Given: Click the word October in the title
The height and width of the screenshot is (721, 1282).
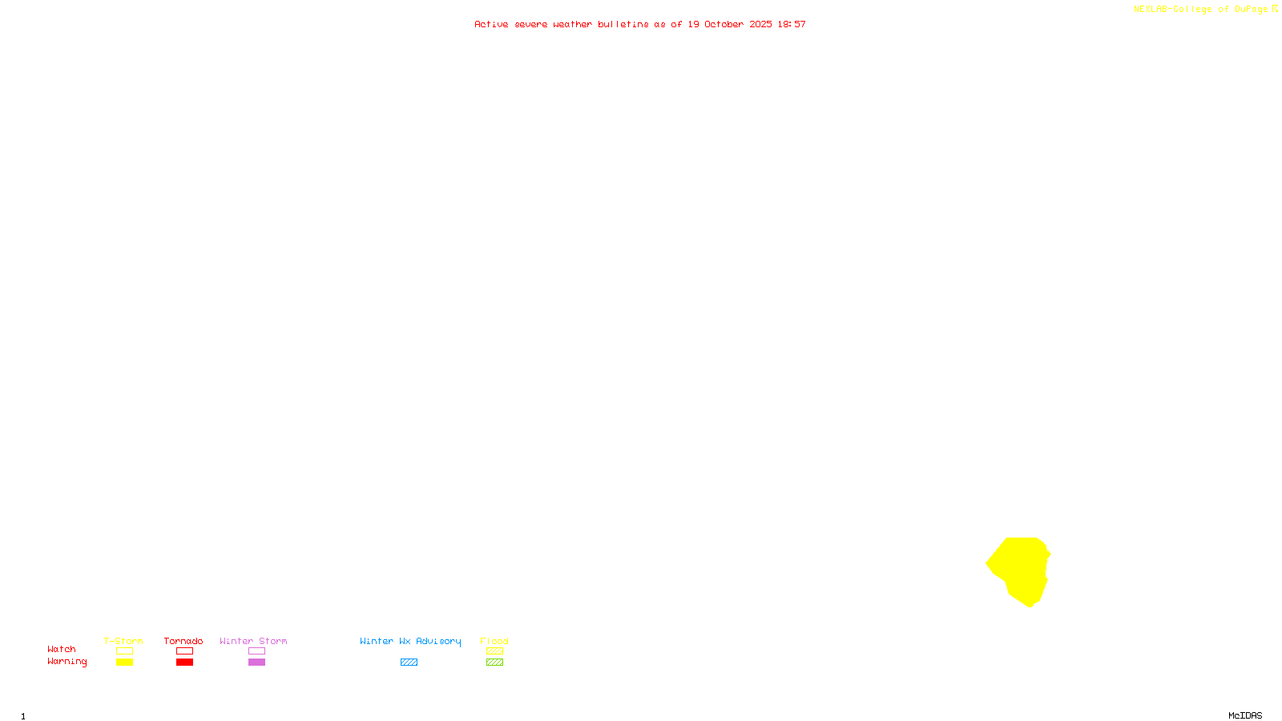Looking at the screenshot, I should click(724, 25).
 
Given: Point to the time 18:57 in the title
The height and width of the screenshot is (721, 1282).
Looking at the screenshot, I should click(792, 25).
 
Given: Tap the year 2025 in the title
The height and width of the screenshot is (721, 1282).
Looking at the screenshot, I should click(761, 25).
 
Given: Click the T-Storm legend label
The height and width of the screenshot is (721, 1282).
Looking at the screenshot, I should click(123, 641).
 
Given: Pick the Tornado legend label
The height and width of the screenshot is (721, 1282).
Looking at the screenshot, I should click(183, 641).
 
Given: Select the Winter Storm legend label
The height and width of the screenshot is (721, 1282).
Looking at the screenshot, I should click(253, 641).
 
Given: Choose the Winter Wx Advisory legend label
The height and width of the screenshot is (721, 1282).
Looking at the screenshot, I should click(410, 641).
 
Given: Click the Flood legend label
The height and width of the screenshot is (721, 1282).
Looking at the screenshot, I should click(494, 641).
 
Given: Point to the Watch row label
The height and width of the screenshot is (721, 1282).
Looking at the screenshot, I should click(62, 649).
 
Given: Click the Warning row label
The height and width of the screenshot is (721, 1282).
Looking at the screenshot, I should click(67, 662).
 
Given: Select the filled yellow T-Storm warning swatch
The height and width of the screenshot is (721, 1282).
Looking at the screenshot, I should click(124, 663).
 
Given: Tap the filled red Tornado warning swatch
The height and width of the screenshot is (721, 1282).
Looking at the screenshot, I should click(185, 663).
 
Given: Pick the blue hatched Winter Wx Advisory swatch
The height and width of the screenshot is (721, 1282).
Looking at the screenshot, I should click(409, 663).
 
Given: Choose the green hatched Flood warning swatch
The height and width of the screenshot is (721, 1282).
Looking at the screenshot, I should click(494, 663).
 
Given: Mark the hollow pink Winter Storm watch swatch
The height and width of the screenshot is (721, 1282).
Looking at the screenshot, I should click(256, 651).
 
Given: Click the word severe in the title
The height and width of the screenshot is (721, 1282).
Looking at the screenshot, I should click(531, 25).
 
